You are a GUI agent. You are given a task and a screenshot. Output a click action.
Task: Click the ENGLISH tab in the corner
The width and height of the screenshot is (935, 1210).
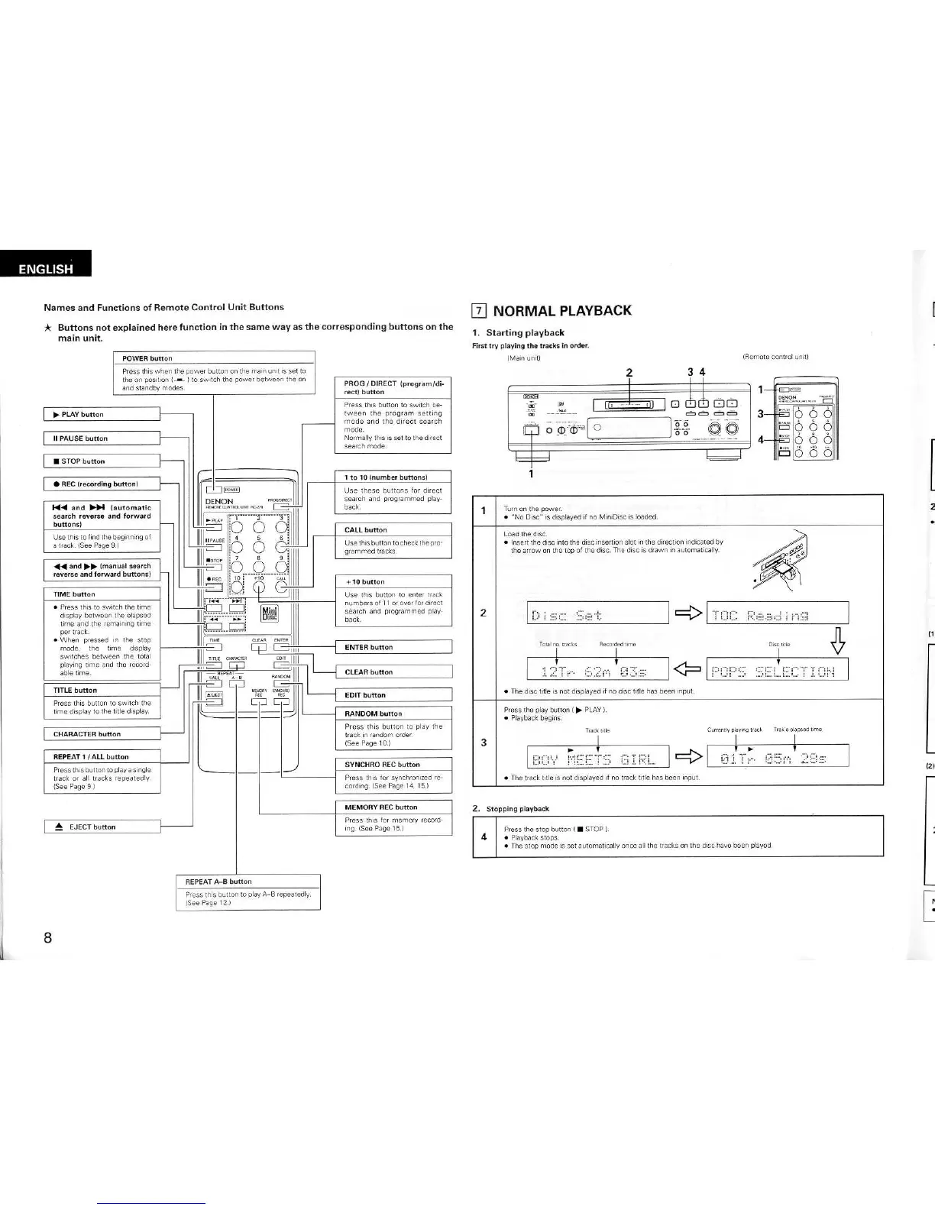tap(46, 267)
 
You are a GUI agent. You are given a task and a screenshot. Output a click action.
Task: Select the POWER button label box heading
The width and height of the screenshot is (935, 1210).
tap(148, 358)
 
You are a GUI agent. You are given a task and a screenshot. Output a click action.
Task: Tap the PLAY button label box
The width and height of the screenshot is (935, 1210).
tap(102, 414)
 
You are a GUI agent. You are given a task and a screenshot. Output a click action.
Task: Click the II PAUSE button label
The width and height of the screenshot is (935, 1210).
tap(102, 438)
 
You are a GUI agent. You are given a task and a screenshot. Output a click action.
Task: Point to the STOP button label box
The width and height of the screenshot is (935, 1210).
tap(102, 461)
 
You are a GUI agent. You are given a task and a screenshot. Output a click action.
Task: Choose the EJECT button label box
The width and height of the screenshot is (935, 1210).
tap(102, 827)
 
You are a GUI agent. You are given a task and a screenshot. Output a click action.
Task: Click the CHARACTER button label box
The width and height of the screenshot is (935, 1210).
tap(102, 734)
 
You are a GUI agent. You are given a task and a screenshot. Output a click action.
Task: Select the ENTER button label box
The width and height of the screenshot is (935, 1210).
tap(393, 647)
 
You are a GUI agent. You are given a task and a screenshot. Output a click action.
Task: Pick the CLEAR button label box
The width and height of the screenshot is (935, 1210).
tap(393, 672)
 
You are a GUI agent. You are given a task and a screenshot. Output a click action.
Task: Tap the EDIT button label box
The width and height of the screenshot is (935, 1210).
tap(393, 695)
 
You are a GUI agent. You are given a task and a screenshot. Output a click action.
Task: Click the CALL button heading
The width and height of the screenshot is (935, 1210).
tap(366, 529)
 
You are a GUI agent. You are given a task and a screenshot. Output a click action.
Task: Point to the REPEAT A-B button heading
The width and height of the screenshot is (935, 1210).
tap(218, 882)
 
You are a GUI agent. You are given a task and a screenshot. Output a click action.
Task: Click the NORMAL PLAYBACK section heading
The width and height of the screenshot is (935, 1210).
tap(562, 311)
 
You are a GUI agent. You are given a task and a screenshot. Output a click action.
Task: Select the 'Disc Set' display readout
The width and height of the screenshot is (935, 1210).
tap(598, 613)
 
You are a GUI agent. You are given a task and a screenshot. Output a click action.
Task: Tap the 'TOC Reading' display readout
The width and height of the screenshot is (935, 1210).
tap(777, 613)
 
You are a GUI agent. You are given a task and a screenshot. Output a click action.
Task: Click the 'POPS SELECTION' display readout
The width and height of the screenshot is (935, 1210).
tap(777, 670)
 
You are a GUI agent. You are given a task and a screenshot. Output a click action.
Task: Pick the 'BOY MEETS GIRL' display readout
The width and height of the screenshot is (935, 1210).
tap(598, 756)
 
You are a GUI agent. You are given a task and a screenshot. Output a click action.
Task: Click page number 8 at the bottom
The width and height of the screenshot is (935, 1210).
tap(47, 938)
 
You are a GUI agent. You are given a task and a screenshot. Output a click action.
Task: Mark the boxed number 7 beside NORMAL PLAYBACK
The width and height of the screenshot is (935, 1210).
tap(479, 311)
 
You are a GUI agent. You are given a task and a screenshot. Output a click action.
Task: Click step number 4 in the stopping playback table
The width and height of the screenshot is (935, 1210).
tap(484, 836)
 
